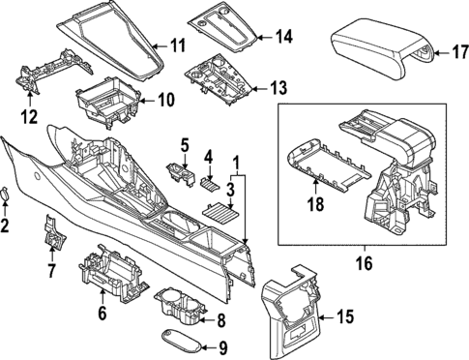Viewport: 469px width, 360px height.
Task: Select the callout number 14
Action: [x=281, y=38]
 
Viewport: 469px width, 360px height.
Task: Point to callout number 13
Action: [x=278, y=88]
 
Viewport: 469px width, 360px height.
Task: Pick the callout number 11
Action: [x=176, y=45]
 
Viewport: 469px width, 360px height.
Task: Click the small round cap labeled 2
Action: [x=8, y=194]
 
